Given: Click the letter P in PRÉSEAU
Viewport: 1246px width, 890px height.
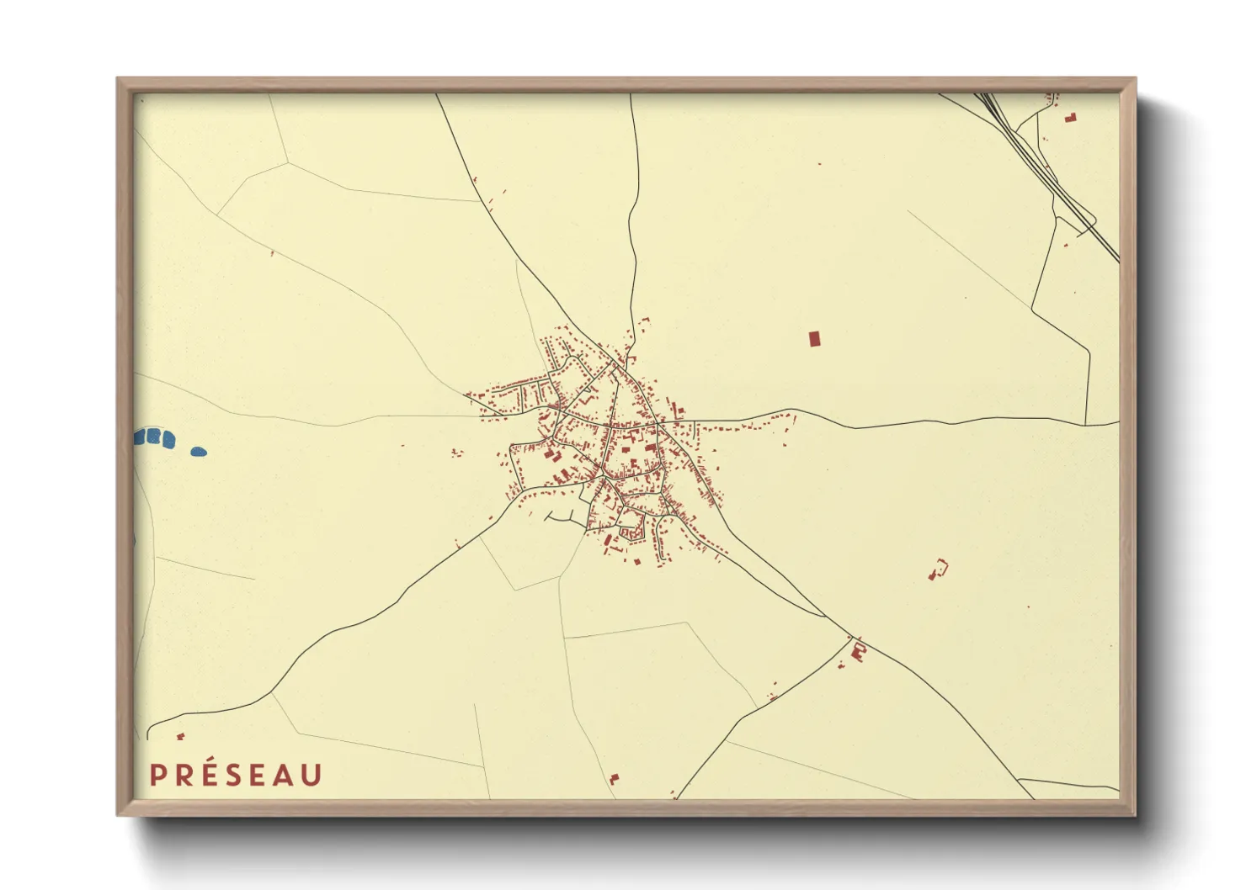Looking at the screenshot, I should click(157, 776).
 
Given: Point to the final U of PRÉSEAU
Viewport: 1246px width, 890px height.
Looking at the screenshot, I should click(311, 776).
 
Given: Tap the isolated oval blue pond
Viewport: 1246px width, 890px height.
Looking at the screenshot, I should click(199, 452).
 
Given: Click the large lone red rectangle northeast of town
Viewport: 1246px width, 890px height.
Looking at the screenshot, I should click(814, 338).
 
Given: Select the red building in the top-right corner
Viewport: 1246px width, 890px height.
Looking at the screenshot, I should click(1070, 118).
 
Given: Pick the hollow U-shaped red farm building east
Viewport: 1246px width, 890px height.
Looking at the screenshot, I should click(938, 569).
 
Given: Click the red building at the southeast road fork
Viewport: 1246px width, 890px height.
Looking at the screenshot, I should click(859, 649).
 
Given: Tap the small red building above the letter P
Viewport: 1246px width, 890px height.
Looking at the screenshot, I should click(180, 737).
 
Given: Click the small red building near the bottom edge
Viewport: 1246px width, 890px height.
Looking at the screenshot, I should click(613, 780).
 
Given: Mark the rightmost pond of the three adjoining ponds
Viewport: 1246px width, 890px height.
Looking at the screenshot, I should click(168, 438).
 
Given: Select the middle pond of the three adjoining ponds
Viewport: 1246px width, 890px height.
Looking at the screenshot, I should click(153, 437).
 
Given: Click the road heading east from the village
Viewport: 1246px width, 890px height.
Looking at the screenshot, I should click(884, 423).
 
